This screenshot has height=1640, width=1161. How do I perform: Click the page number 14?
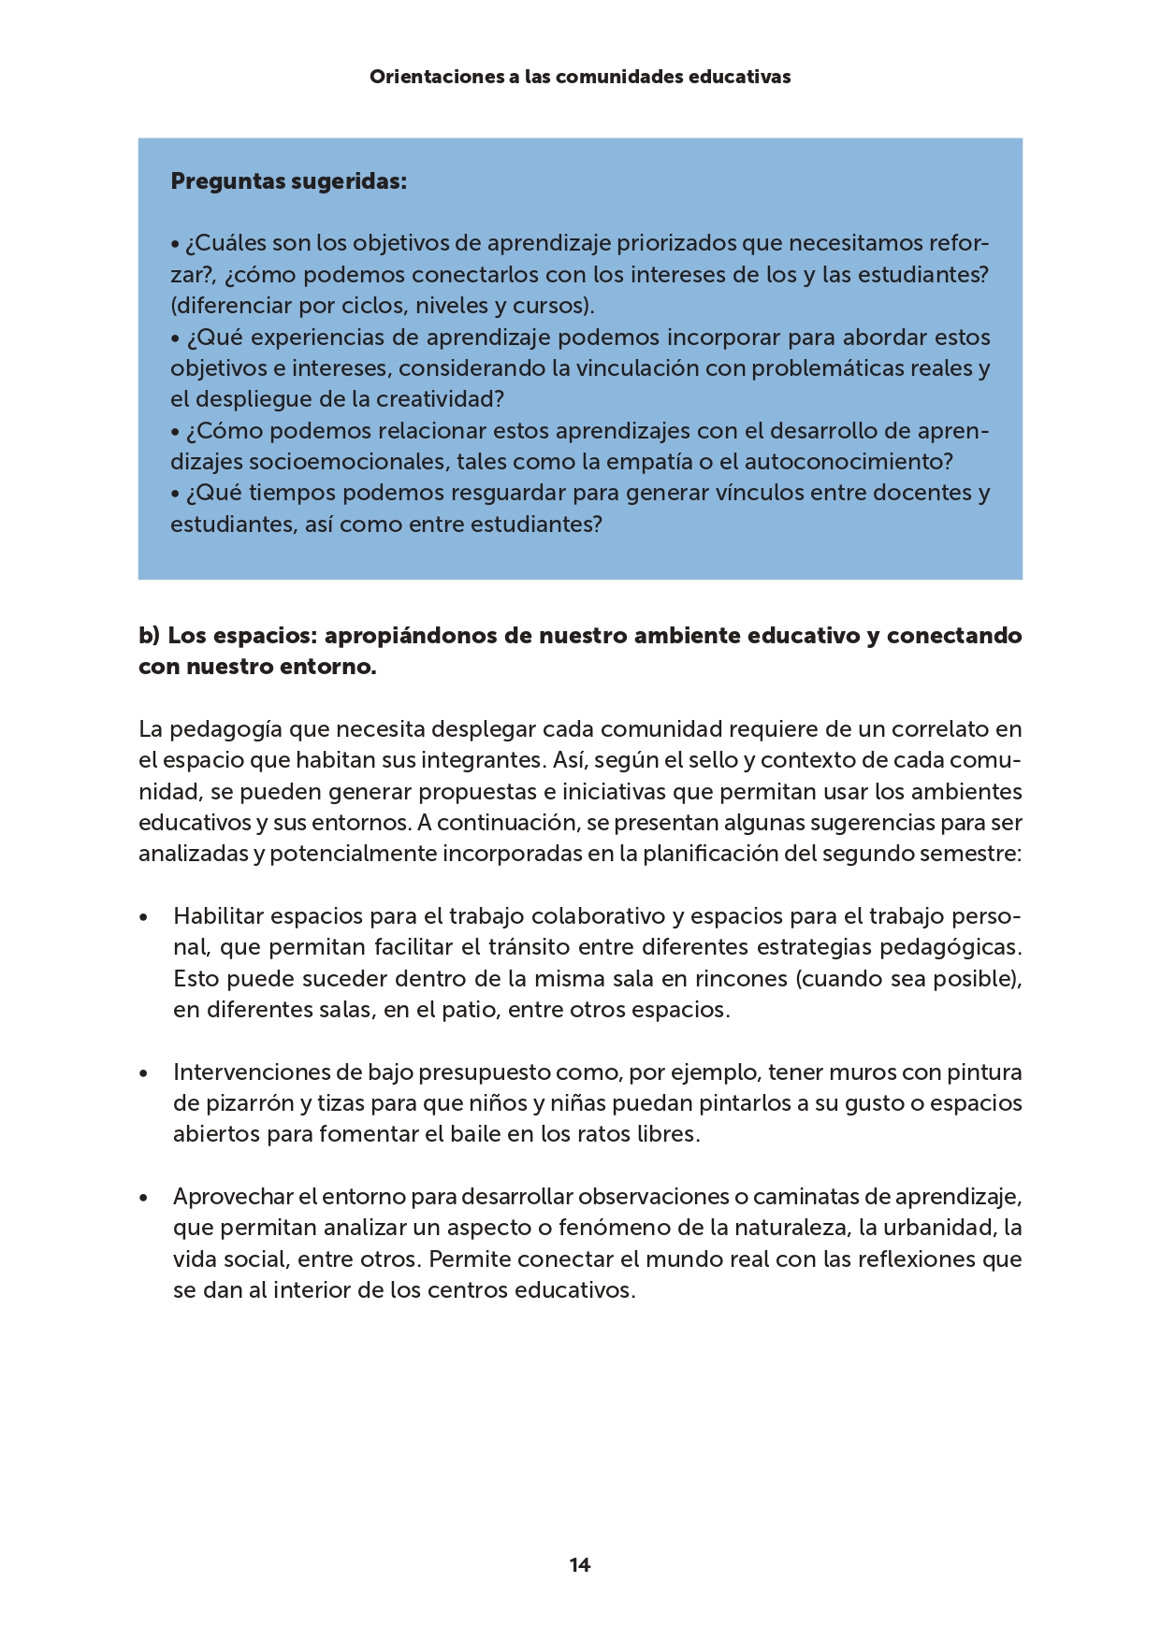[x=580, y=1564]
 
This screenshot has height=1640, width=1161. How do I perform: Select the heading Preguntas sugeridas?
[x=288, y=181]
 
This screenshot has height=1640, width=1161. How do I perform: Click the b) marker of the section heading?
[x=150, y=636]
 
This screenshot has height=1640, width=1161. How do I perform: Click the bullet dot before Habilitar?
[x=143, y=917]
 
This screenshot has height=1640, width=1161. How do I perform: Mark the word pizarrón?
[x=248, y=1103]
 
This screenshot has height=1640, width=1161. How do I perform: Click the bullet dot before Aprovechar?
[x=143, y=1198]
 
